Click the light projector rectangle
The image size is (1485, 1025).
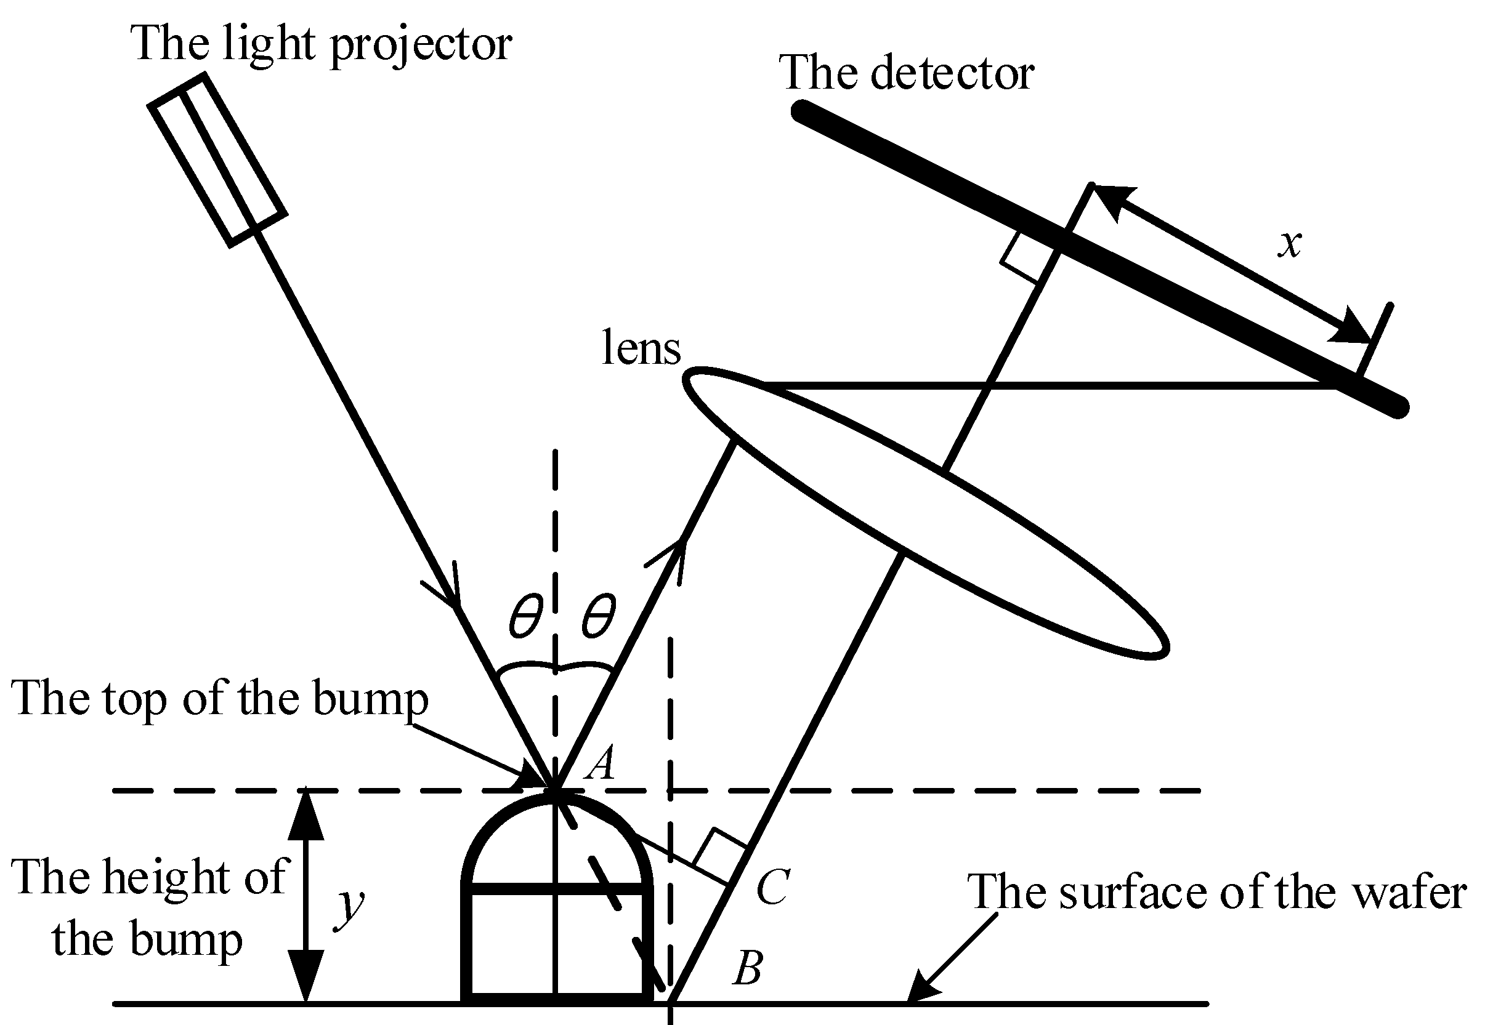tap(217, 160)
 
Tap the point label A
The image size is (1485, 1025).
tap(601, 763)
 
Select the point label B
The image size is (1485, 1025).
tap(747, 968)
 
